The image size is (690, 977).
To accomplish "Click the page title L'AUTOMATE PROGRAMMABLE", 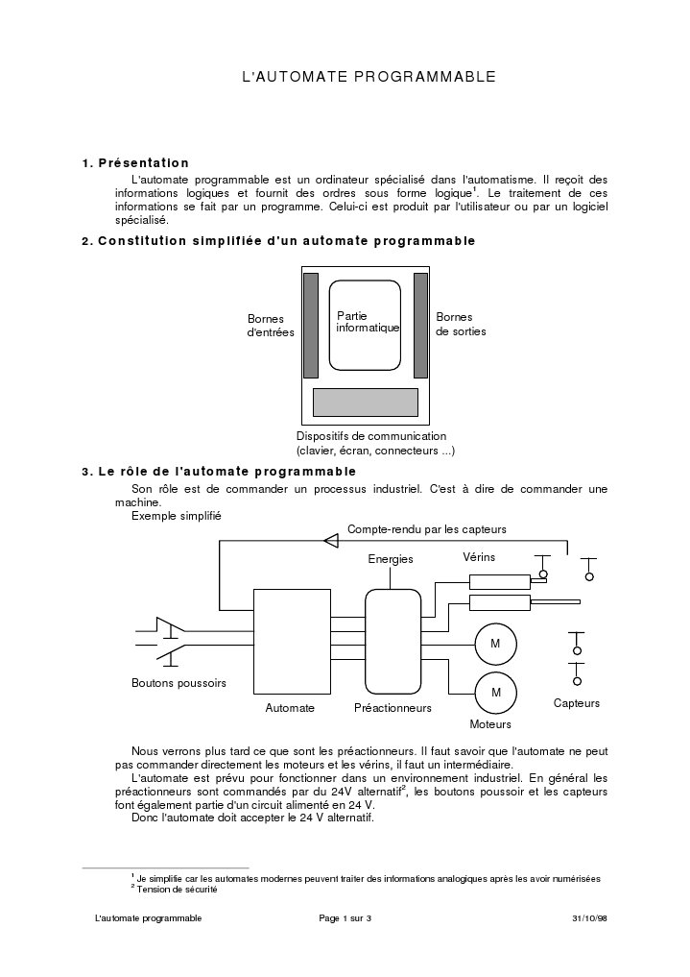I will coord(369,74).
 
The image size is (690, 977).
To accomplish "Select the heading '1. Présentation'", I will coord(135,162).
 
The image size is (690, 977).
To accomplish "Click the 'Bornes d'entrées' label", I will coord(271,325).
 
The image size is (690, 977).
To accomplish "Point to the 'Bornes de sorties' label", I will coord(461,324).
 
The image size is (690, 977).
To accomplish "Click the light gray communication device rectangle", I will coord(366,402).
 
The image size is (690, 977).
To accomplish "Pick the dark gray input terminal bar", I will coord(311,326).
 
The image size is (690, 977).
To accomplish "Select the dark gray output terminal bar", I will coord(420,326).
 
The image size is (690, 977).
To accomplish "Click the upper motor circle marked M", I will coord(495,643).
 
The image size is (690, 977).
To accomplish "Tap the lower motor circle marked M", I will coord(496,692).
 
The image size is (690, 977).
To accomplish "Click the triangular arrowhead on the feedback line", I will coord(331,541).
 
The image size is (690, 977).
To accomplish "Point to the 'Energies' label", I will coord(391,559).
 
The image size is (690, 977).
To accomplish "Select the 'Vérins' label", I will coord(479,557).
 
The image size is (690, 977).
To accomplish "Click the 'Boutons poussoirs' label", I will coord(178,684).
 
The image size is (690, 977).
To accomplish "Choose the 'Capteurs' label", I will coord(577,703).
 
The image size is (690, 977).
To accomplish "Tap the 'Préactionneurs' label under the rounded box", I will coord(393,708).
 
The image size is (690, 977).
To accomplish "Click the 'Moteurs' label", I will coord(490,724).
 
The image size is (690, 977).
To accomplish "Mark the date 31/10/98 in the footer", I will coord(588,919).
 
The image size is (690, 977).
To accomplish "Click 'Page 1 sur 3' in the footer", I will coord(345,919).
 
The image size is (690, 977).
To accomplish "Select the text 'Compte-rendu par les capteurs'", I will coord(426,529).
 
